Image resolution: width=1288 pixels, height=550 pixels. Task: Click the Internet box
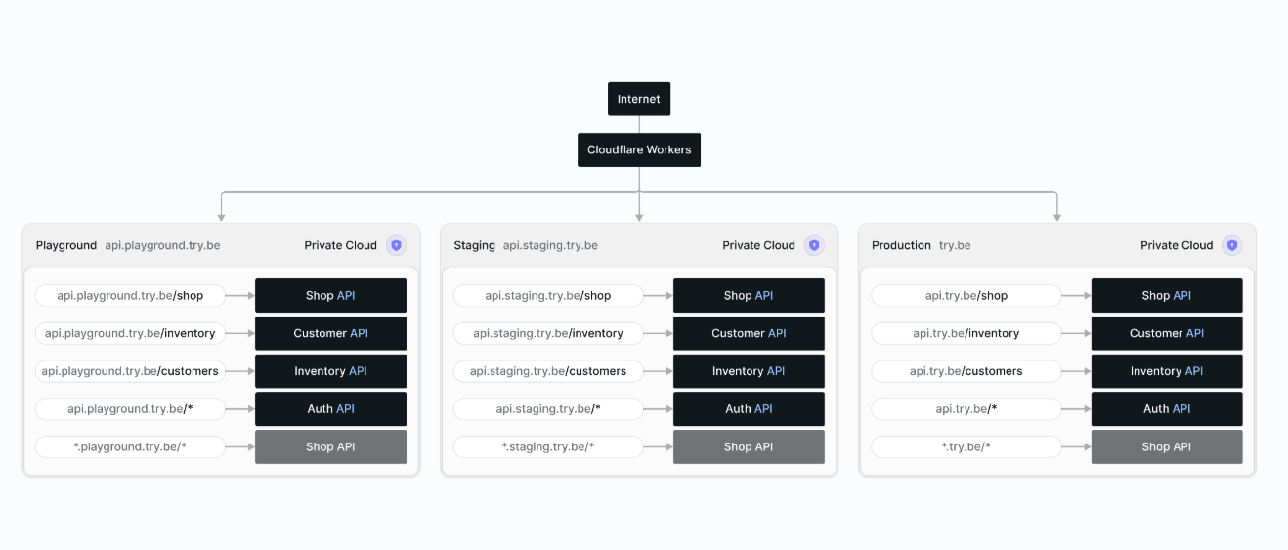[639, 99]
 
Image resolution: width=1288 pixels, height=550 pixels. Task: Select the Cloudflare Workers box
[639, 150]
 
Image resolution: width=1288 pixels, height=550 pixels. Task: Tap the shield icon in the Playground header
[396, 245]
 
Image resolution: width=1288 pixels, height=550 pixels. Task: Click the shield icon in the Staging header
[814, 245]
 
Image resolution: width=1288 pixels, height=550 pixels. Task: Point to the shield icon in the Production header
[1232, 245]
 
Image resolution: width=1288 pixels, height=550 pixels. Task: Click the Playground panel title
[66, 245]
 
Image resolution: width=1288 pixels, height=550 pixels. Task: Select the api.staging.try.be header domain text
[550, 245]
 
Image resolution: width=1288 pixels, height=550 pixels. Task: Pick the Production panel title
[901, 245]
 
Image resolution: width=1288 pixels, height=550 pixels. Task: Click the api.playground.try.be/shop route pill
[130, 295]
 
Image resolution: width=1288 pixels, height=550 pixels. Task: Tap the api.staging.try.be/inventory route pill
[548, 333]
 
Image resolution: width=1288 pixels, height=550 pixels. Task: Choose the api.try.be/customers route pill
[966, 371]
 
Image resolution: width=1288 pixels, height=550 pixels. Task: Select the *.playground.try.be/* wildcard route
[130, 447]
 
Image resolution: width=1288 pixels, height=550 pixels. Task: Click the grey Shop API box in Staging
[749, 447]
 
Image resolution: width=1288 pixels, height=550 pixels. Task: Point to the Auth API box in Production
[1167, 409]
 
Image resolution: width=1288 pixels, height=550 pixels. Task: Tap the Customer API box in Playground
[330, 333]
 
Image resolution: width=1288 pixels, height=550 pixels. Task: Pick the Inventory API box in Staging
[749, 371]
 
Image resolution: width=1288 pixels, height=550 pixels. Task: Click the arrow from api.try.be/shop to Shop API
[1076, 295]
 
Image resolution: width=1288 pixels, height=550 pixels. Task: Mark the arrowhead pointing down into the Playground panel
[222, 218]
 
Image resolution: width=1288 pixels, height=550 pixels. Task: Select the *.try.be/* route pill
[966, 447]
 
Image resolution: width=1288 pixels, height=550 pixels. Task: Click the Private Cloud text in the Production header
[1177, 245]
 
